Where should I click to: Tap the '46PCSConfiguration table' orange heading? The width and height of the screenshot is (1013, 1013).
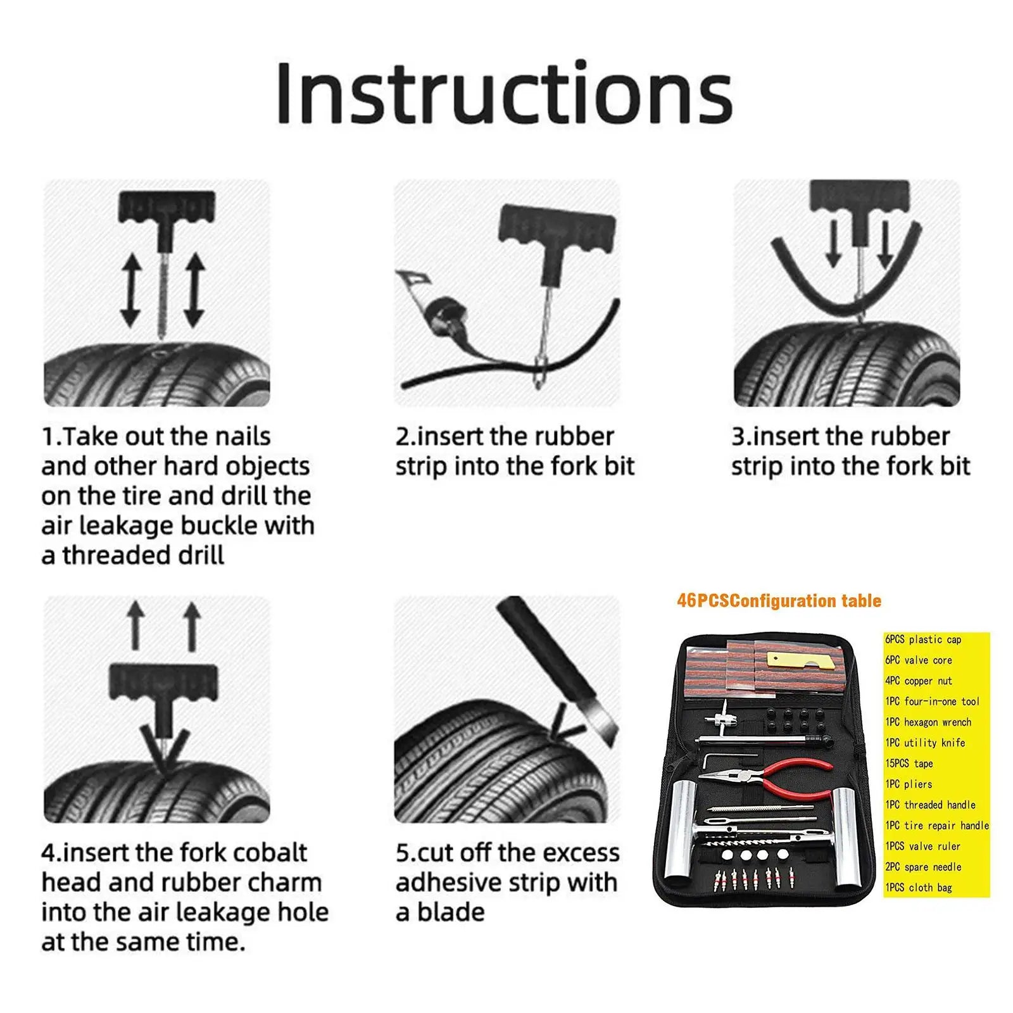779,600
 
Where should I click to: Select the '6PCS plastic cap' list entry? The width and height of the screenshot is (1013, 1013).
923,639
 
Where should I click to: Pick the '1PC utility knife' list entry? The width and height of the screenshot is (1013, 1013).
925,743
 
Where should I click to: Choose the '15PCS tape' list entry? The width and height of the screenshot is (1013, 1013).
909,764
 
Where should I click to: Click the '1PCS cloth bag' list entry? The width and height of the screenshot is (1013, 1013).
919,888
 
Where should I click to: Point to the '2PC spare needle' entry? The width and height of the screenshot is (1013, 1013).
923,867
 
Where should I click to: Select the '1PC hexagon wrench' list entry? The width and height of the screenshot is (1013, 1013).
928,722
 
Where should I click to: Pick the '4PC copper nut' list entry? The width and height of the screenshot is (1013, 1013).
919,681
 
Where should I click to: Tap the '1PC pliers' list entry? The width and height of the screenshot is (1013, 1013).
909,784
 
